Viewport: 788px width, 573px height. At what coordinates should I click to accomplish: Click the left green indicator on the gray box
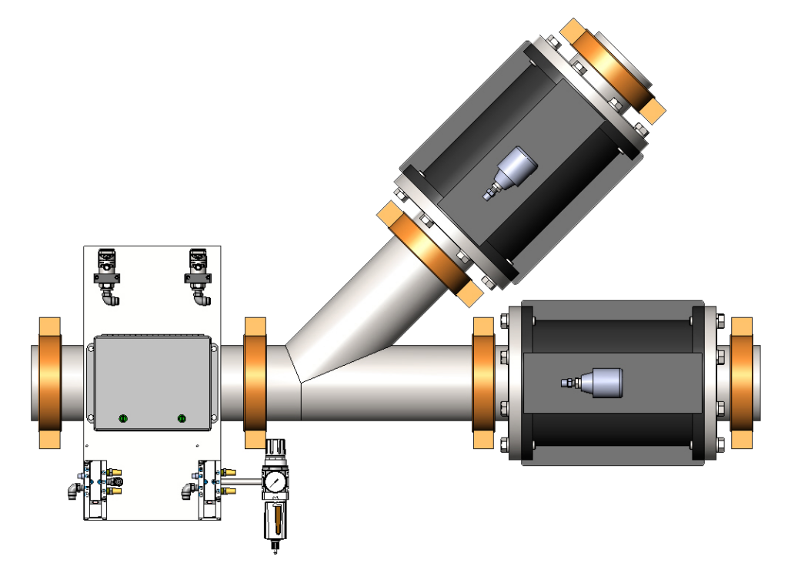tap(122, 418)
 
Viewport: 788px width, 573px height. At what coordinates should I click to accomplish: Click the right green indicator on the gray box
tap(182, 418)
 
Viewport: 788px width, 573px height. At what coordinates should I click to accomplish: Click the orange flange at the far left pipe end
tap(49, 382)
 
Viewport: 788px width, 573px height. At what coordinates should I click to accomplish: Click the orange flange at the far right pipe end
tap(742, 382)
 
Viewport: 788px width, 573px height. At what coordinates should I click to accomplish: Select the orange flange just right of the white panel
tap(255, 382)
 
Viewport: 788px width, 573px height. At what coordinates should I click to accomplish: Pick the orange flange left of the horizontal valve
tap(483, 382)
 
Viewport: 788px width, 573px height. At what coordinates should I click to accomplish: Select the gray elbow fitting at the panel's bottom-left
tap(75, 488)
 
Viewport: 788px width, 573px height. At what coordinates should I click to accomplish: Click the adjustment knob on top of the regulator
tap(273, 451)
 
